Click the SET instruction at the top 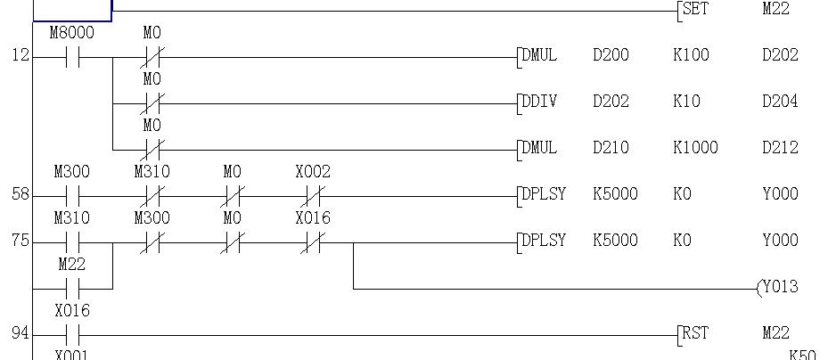[694, 10]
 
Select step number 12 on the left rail [20, 55]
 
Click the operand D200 [611, 55]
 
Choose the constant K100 [691, 55]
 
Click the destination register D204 [780, 102]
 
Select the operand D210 [611, 148]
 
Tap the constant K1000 [695, 148]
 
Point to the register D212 [780, 148]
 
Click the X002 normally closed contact [312, 194]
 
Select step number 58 [20, 194]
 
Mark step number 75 [20, 241]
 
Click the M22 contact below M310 [71, 289]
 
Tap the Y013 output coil [777, 287]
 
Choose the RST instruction [694, 333]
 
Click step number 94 [20, 333]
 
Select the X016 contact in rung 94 [71, 336]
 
